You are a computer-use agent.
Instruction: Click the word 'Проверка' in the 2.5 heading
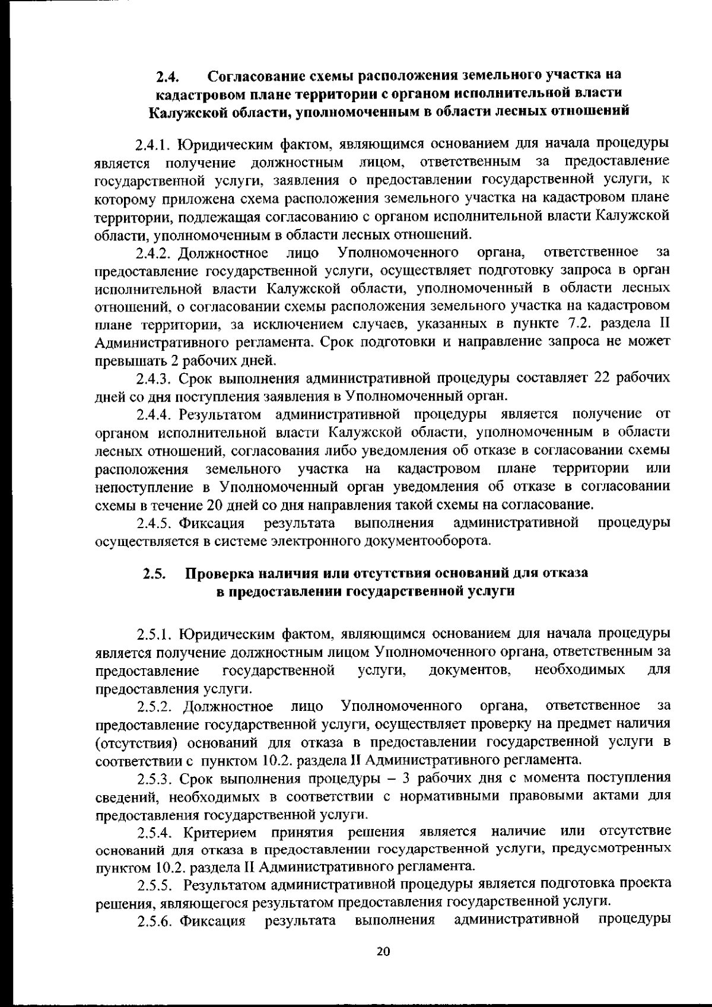click(x=221, y=574)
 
